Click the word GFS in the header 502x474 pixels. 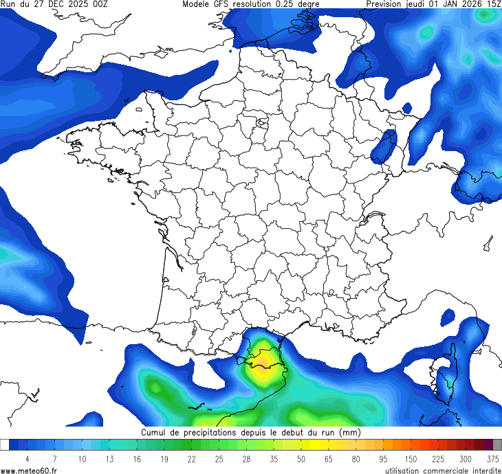click(221, 4)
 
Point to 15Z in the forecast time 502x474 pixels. click(493, 4)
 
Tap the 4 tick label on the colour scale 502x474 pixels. click(27, 459)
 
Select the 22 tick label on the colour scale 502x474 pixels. click(191, 459)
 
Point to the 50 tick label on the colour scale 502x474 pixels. click(301, 459)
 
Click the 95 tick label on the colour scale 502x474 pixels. click(383, 459)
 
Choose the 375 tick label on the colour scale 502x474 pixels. click(492, 459)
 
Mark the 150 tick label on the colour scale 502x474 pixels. click(411, 459)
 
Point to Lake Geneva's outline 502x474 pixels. click(375, 218)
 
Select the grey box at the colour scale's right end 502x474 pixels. click(497, 444)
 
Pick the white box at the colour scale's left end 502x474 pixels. click(4, 444)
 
